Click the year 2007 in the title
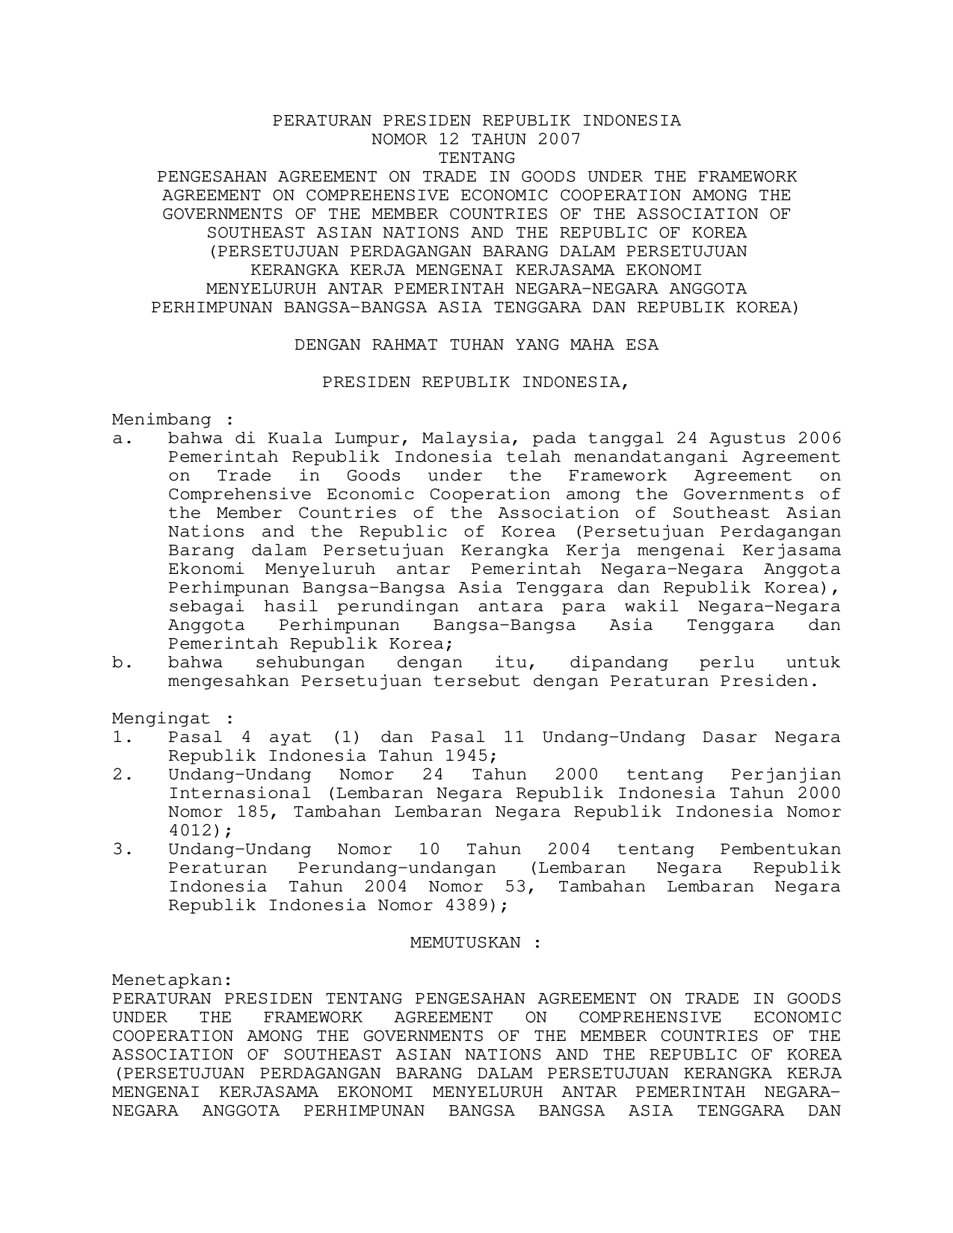coord(558,140)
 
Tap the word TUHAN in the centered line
coord(476,345)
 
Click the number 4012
coord(190,831)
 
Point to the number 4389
coord(470,906)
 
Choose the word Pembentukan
coord(780,850)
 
